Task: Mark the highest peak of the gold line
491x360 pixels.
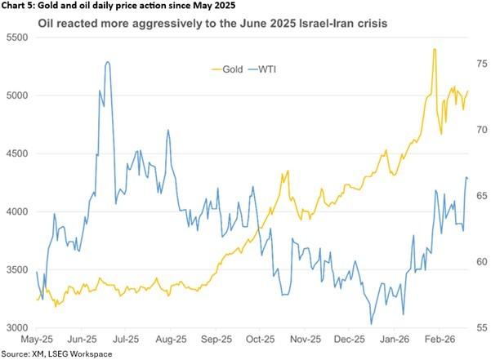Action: click(x=435, y=50)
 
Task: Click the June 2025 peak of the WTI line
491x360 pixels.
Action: click(x=108, y=61)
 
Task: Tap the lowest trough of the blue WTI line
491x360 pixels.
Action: click(x=372, y=324)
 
